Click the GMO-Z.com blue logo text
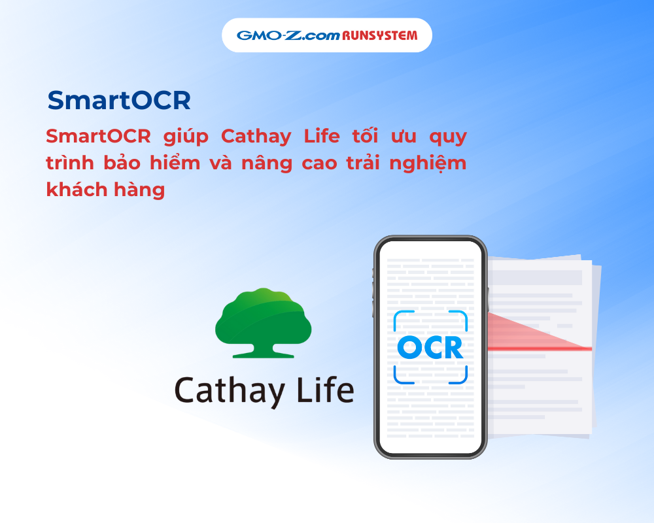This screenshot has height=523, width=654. (x=288, y=35)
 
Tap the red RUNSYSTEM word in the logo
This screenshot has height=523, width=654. (x=379, y=35)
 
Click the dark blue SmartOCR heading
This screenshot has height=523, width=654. (x=119, y=101)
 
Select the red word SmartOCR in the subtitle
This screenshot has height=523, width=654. (x=99, y=137)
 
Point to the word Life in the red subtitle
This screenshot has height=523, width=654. (x=322, y=137)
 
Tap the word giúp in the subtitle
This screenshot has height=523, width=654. (x=186, y=137)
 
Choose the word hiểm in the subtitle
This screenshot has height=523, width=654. (x=175, y=162)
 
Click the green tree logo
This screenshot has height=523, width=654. (x=263, y=323)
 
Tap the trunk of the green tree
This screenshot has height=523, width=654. (x=263, y=350)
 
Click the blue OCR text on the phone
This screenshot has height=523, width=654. (x=430, y=347)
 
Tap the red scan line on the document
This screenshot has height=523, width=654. (x=540, y=348)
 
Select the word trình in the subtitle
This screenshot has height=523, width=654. (x=70, y=162)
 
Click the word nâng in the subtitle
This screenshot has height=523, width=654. (x=267, y=163)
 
